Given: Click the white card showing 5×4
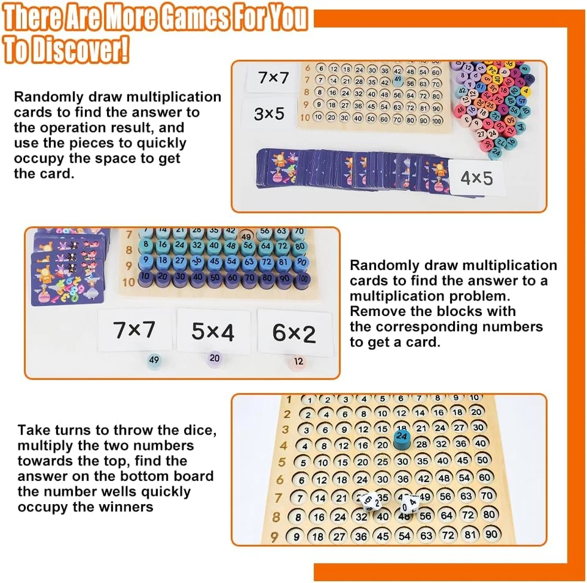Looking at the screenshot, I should coord(213,332).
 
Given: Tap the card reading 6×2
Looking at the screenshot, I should coord(294,333).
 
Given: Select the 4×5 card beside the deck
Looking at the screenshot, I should coord(476,178).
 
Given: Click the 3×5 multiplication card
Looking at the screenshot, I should coord(269,114).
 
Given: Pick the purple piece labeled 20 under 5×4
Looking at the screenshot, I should coord(214,358).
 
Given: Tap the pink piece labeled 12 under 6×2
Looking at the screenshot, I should coord(298,361).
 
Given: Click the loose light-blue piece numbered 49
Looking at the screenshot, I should coord(153,360).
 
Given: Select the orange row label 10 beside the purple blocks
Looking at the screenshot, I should coord(128,282).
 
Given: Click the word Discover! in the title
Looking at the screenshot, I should coord(85,50).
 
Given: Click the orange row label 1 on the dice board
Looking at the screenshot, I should coord(288,400).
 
